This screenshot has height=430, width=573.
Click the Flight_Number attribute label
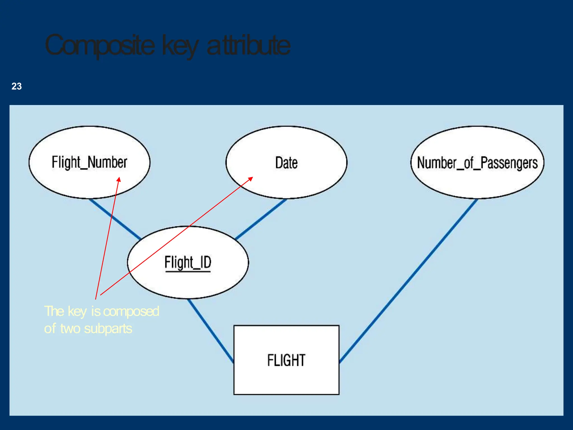[89, 163]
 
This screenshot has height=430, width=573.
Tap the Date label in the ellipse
[286, 163]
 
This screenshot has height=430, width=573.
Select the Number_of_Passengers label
[477, 163]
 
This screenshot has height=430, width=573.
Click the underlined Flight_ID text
[188, 262]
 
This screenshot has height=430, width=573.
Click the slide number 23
[17, 86]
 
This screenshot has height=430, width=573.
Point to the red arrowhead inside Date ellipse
[251, 178]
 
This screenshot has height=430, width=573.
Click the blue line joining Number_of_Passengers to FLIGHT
[408, 280]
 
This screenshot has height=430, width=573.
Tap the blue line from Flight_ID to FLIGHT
[210, 330]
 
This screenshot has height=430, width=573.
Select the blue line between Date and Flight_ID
[260, 219]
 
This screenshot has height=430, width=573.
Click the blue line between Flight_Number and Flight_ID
[115, 219]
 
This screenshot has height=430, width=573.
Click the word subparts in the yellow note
[108, 329]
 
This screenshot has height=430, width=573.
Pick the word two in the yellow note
[71, 329]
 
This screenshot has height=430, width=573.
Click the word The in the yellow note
[54, 311]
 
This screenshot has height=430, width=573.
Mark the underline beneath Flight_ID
[188, 271]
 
